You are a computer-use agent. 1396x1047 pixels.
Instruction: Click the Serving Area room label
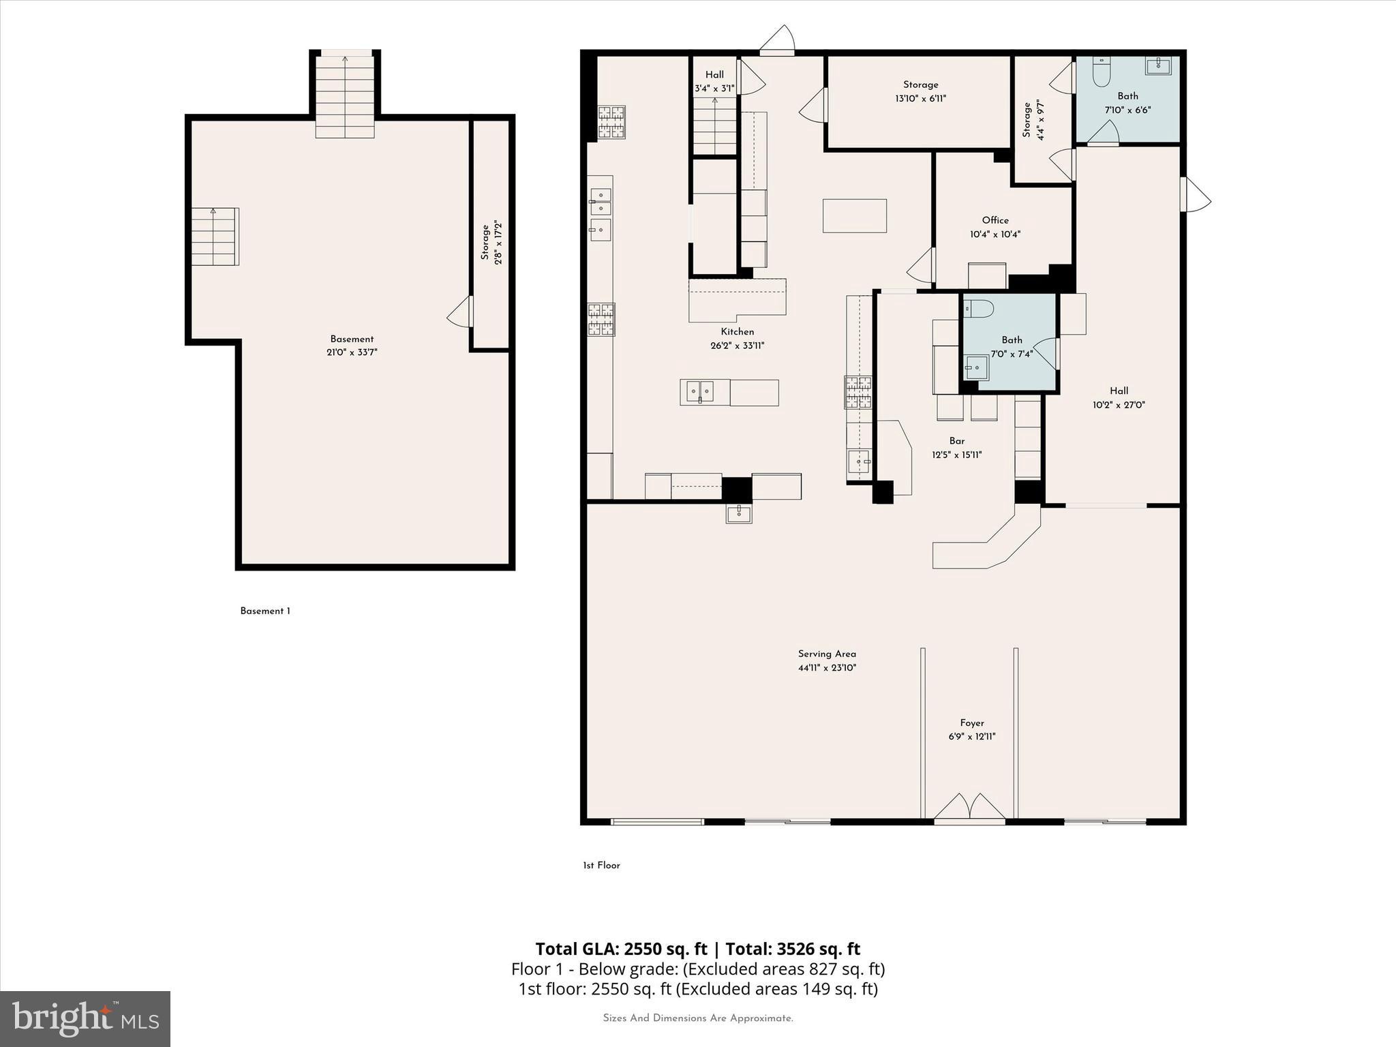(x=827, y=654)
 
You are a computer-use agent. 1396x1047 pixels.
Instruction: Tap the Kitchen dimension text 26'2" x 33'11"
(x=738, y=346)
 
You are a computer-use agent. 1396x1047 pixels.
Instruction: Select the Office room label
(x=995, y=220)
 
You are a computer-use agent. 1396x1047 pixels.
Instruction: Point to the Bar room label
(x=957, y=441)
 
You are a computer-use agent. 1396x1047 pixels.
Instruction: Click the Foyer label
(x=972, y=723)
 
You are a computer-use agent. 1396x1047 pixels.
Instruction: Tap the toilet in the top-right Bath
(x=1102, y=72)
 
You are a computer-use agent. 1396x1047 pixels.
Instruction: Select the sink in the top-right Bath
(x=1157, y=65)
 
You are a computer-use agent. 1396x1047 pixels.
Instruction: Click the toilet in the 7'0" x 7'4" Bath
(x=977, y=309)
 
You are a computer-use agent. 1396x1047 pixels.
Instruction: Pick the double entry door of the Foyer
(x=969, y=808)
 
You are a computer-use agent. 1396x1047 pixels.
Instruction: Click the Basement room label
(x=352, y=339)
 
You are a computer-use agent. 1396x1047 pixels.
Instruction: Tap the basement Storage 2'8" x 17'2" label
(x=491, y=242)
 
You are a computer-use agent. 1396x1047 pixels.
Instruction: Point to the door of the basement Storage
(x=460, y=312)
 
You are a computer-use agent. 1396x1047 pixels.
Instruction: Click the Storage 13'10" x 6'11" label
(x=921, y=91)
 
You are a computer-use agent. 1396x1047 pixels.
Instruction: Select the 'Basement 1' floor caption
(x=265, y=611)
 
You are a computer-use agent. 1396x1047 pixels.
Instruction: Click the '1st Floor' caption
(x=601, y=865)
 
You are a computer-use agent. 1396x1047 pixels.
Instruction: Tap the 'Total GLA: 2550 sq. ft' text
(x=621, y=949)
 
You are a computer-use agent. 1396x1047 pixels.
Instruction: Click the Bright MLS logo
(x=85, y=1018)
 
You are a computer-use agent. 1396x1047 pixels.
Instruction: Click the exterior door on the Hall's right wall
(x=1196, y=194)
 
